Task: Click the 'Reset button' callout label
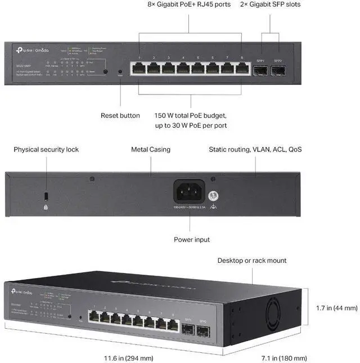coord(120,115)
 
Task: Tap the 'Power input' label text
coord(192,240)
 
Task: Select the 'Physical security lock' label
coord(46,150)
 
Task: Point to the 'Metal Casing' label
coord(151,150)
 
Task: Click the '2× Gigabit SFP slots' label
coord(270,5)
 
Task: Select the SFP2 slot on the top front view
coord(277,70)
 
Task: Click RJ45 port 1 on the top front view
coord(138,69)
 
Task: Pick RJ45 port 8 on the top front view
coord(241,69)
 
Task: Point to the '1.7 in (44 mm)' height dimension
coord(337,308)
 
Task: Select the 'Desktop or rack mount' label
coord(252,261)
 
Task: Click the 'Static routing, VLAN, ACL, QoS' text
coord(255,150)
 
